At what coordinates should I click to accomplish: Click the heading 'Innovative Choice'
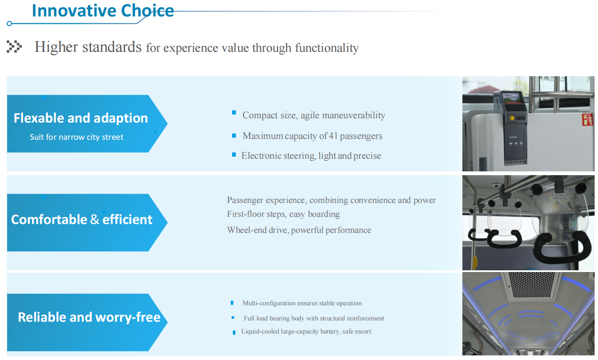tap(103, 11)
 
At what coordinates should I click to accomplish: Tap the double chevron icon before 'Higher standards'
tap(14, 47)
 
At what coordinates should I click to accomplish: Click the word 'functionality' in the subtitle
tap(327, 48)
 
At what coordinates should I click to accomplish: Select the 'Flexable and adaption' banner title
tap(80, 118)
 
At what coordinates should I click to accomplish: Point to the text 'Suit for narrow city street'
tap(76, 137)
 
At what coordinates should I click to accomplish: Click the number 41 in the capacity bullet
tap(333, 136)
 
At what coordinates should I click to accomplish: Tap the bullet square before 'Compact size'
tap(234, 112)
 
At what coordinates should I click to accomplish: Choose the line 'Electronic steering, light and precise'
tap(311, 156)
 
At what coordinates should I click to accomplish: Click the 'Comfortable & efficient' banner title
tap(81, 220)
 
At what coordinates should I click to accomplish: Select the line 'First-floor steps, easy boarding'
tap(283, 214)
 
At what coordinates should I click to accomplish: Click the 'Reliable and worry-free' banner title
tap(89, 317)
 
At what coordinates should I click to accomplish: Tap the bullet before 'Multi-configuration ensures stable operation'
tap(232, 303)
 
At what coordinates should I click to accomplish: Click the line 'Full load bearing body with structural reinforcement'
tap(314, 318)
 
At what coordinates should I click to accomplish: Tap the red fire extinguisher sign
tap(588, 119)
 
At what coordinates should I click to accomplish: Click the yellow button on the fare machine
tap(512, 118)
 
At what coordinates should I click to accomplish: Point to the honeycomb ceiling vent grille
tap(532, 285)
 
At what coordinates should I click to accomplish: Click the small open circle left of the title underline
tap(9, 24)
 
